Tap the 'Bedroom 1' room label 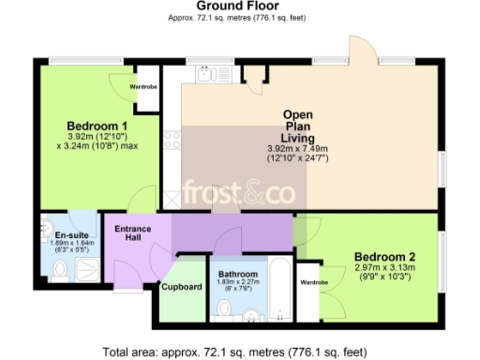97,126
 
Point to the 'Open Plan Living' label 304,127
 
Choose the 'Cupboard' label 181,286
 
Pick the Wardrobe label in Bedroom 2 313,281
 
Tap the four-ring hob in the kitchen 172,141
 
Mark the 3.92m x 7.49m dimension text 304,148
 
